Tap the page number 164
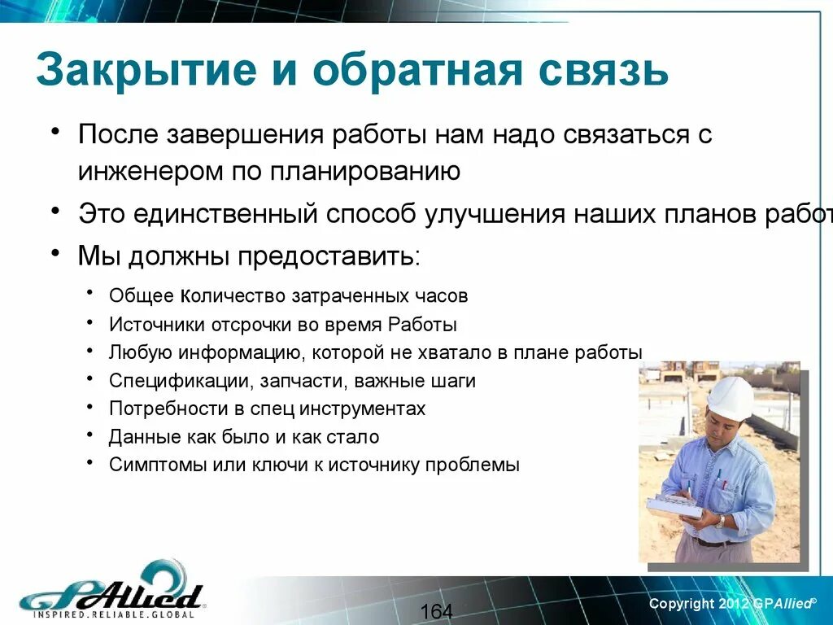(437, 611)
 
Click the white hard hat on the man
(730, 398)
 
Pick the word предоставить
(329, 256)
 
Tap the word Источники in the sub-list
(155, 324)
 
